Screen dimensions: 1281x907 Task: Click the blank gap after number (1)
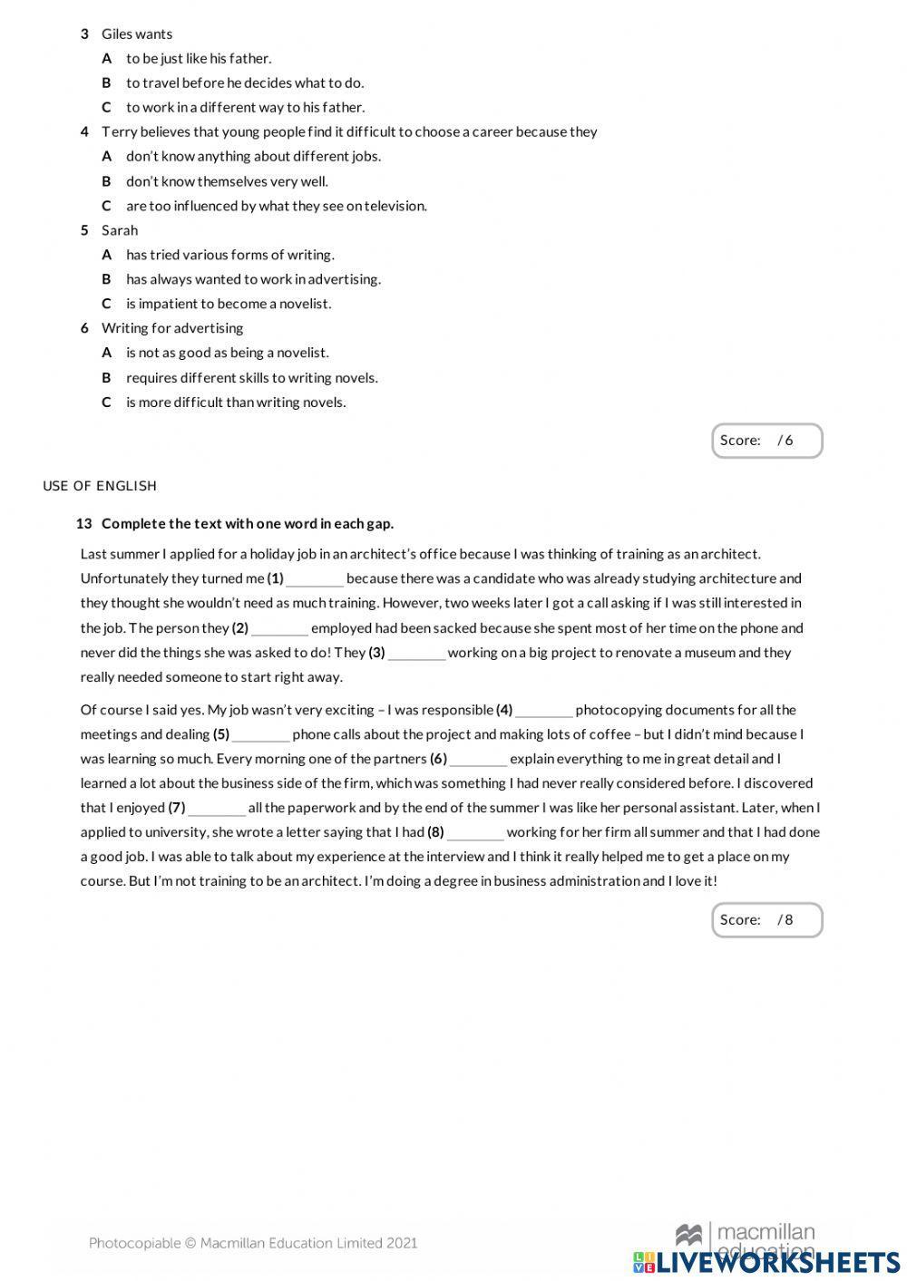pos(315,580)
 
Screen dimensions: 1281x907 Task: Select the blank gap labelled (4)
pos(543,712)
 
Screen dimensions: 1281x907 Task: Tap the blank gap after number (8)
pos(475,834)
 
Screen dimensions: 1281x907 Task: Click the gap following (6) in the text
pos(478,761)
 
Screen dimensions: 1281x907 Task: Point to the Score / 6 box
pos(766,441)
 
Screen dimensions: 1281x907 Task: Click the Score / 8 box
pos(766,920)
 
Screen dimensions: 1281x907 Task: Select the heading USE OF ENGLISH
pos(100,486)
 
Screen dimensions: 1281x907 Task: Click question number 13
pos(84,524)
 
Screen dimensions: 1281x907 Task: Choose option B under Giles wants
pos(245,82)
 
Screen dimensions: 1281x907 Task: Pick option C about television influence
pos(276,206)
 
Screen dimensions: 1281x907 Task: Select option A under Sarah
pos(229,255)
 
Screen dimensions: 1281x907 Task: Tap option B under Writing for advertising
pos(251,378)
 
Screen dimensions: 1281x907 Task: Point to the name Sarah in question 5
pos(120,230)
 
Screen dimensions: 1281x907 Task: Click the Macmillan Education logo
pos(746,1235)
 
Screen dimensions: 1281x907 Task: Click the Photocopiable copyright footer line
pos(253,1243)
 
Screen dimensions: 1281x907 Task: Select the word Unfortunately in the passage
pos(124,578)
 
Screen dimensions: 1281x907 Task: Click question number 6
pos(84,328)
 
